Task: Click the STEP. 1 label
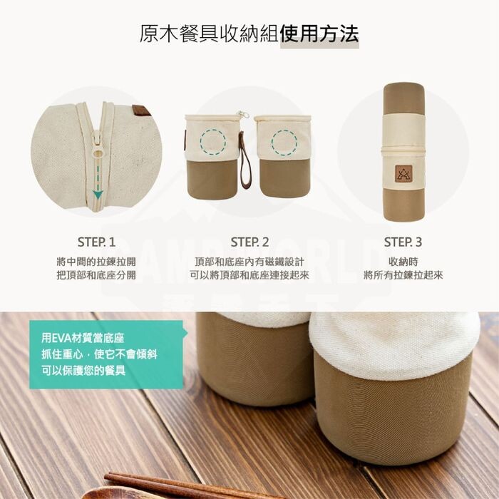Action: point(96,242)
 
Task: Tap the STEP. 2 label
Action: point(249,242)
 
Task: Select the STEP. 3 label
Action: point(403,242)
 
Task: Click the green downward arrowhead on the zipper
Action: point(98,194)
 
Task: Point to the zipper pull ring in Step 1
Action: point(98,154)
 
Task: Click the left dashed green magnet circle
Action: point(213,143)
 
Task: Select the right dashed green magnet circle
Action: point(284,143)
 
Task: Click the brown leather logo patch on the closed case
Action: point(403,174)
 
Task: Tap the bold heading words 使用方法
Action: point(319,34)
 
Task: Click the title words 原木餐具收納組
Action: point(210,34)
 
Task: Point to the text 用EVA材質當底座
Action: point(83,338)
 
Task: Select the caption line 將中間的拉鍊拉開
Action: point(96,262)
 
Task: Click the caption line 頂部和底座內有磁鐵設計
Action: point(249,262)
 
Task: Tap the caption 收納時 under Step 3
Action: point(403,262)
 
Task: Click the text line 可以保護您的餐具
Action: point(83,370)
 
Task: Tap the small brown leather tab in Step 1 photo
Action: point(142,110)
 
